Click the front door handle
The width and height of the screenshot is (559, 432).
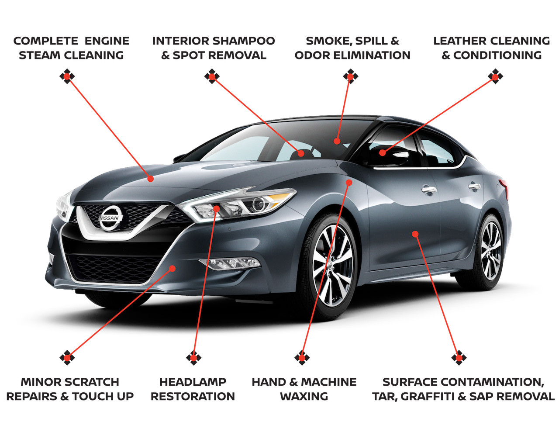coord(429,190)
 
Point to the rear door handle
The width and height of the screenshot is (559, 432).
coord(475,186)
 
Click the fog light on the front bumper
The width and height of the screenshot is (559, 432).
coord(229,263)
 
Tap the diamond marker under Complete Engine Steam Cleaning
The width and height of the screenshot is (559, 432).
coord(67,76)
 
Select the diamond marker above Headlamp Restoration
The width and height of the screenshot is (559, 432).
coord(193,358)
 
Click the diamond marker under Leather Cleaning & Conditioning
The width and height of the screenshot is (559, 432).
coord(495,76)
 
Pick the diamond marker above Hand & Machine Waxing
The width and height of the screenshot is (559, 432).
coord(302,358)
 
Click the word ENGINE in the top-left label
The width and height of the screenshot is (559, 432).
coord(107,41)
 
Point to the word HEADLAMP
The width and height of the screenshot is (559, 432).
coord(193,382)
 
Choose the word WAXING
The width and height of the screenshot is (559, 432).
coord(304,397)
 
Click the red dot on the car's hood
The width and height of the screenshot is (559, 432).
coord(151,179)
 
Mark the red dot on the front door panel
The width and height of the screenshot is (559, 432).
coord(415,234)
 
